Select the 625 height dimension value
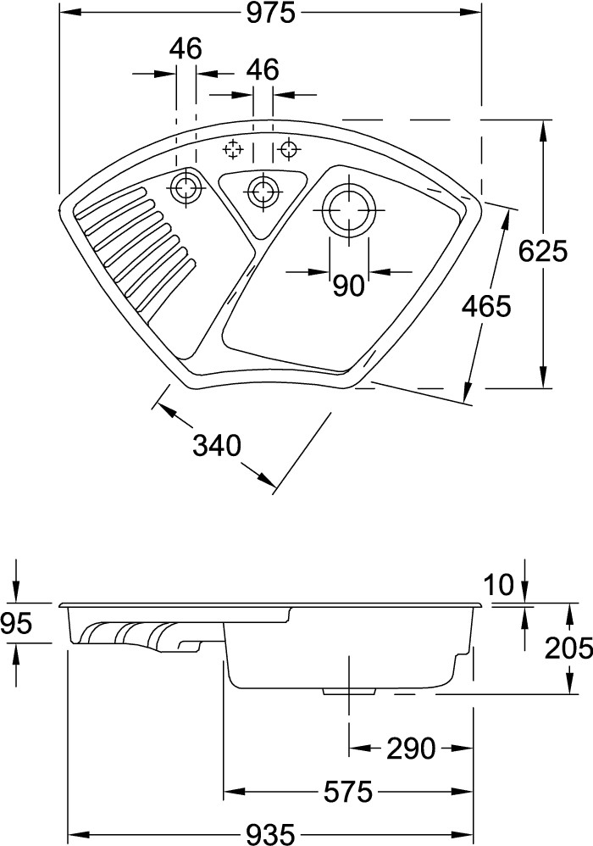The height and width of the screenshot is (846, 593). tap(542, 252)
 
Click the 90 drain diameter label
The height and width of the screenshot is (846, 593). tap(348, 287)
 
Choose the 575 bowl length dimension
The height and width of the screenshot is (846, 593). tap(347, 792)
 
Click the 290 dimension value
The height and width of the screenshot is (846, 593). tap(411, 748)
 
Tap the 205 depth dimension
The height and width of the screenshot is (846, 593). tap(568, 648)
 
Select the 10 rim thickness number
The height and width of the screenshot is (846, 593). tap(500, 584)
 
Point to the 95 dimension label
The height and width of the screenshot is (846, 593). tap(17, 624)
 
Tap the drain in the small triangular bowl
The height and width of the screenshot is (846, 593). tap(263, 190)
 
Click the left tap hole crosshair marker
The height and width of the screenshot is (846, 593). tap(233, 150)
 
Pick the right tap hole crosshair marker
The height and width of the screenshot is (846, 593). tap(290, 150)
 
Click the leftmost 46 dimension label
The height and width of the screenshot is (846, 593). tap(186, 49)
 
